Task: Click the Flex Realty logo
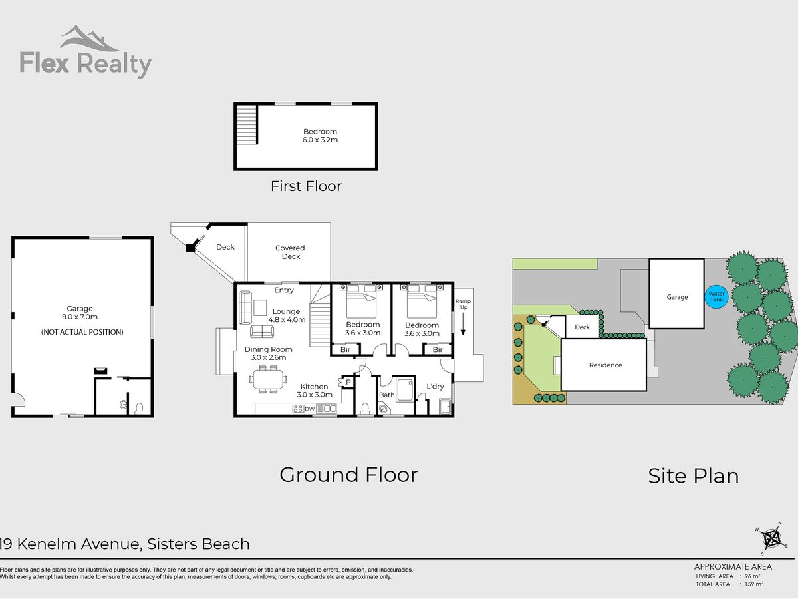tap(86, 52)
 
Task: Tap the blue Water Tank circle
tap(716, 296)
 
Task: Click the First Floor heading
tap(306, 186)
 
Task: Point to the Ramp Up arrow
tap(463, 324)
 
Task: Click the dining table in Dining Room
tap(268, 379)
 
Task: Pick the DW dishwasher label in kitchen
tap(309, 409)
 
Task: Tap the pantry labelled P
tap(348, 382)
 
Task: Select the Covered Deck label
tap(291, 252)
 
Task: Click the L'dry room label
tap(435, 386)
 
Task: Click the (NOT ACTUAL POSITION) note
tap(82, 332)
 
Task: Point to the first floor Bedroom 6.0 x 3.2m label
tap(320, 136)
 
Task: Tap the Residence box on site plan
tap(604, 365)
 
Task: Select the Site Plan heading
tap(694, 476)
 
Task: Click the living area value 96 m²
tap(752, 576)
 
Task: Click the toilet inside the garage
tap(139, 408)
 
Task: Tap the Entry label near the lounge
tap(284, 290)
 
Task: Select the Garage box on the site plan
tap(676, 294)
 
